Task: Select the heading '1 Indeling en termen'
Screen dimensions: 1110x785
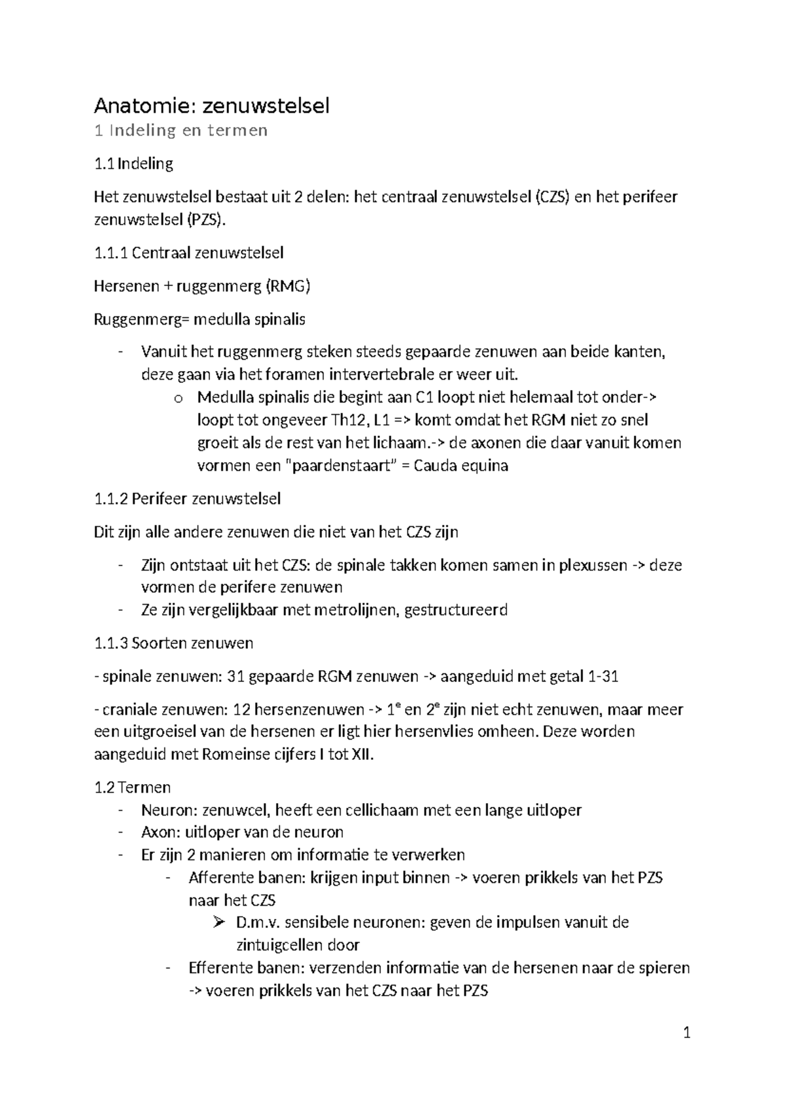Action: click(181, 130)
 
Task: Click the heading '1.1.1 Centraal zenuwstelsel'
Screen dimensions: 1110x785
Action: click(188, 253)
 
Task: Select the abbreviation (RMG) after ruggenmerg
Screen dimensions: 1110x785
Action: click(287, 286)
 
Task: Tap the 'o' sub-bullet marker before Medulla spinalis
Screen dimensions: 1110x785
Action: click(177, 398)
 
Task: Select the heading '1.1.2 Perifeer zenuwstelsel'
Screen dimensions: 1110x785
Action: click(187, 499)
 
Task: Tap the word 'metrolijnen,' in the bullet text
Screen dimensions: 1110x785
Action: click(353, 610)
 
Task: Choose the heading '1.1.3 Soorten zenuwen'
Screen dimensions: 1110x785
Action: click(173, 643)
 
